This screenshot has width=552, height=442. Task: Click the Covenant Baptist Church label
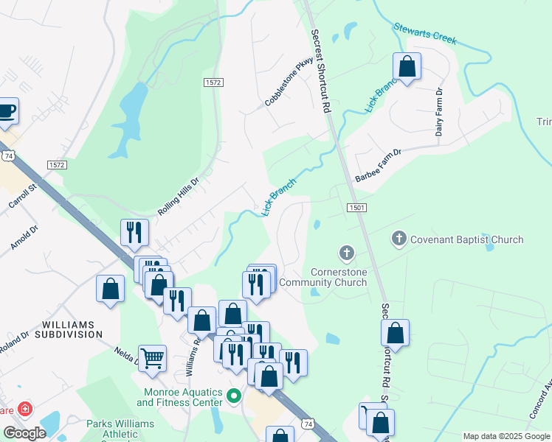click(466, 239)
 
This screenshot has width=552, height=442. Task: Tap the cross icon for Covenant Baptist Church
click(399, 239)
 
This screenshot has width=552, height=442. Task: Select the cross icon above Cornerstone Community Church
click(346, 254)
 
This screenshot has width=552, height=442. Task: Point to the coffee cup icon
click(7, 111)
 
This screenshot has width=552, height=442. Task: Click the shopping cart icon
click(152, 359)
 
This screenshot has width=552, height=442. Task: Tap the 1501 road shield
click(356, 208)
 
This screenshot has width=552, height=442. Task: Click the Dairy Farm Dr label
click(439, 112)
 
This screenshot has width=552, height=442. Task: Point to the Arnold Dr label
click(24, 236)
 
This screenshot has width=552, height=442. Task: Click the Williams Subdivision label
click(72, 329)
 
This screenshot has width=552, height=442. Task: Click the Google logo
click(24, 433)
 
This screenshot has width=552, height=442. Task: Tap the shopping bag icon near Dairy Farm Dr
click(407, 67)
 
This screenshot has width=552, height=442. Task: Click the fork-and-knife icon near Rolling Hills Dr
click(134, 232)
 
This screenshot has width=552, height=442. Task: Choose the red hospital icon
click(25, 408)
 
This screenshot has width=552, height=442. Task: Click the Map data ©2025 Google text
click(506, 436)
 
